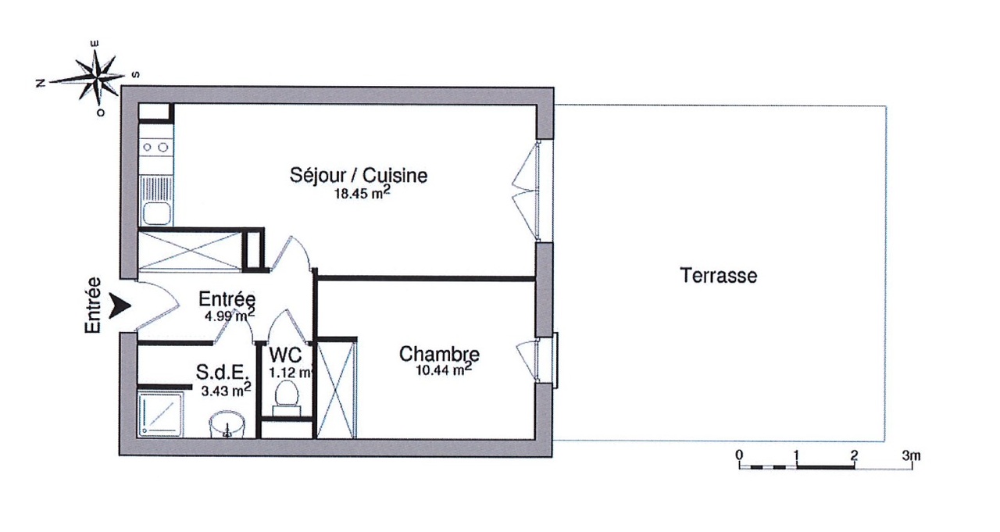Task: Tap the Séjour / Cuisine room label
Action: (x=359, y=176)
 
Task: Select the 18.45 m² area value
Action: (x=362, y=193)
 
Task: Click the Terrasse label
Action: (x=718, y=275)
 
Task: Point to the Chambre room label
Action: (x=439, y=354)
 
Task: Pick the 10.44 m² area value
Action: (x=444, y=370)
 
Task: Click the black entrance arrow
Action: (x=120, y=305)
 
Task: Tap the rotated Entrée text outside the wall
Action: (x=93, y=305)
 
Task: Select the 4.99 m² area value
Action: (x=230, y=315)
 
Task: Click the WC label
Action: (x=285, y=355)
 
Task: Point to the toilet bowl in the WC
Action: (x=287, y=394)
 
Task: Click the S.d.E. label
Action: (x=221, y=372)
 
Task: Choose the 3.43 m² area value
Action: (x=226, y=391)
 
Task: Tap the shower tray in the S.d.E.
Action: (x=160, y=414)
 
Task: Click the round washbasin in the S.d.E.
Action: (x=227, y=424)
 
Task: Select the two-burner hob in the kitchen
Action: (x=155, y=147)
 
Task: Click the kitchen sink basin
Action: (x=155, y=214)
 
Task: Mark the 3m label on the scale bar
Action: (x=911, y=455)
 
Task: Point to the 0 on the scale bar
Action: (x=740, y=455)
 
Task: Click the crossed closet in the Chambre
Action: (x=336, y=390)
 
